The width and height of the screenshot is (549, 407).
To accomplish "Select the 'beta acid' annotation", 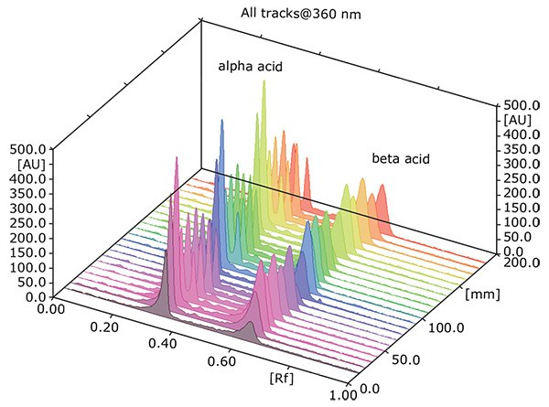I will pos(401,158).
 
